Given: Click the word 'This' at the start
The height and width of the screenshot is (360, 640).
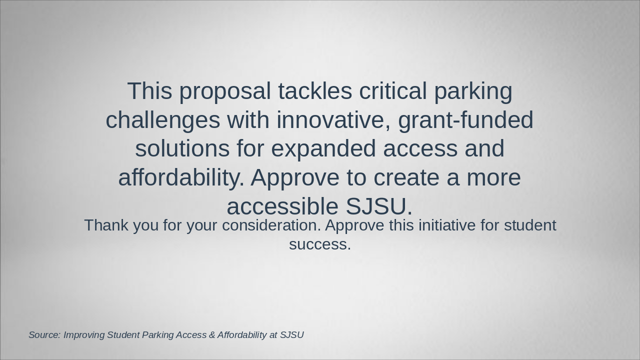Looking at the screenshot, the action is tap(149, 90).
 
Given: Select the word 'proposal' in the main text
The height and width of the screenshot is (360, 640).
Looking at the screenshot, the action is tap(225, 92).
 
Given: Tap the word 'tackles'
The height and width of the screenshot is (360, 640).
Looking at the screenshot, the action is tap(315, 90).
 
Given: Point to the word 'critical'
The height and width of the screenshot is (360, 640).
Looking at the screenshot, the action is tap(393, 90).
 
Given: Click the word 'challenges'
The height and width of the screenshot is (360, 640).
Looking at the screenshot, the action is tap(163, 121).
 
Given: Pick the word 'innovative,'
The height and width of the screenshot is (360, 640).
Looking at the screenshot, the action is tap(333, 119).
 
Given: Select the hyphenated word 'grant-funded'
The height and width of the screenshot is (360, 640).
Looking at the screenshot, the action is tap(465, 121).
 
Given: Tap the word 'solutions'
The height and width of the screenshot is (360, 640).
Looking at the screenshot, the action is tap(182, 148).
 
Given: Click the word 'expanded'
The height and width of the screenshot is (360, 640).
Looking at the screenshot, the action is tap(323, 149).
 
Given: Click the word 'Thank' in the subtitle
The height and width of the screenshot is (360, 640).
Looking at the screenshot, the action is tap(106, 225).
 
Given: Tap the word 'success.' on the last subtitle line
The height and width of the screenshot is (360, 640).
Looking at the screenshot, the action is tap(320, 244).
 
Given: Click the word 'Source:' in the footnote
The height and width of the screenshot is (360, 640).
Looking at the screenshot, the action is tap(45, 335).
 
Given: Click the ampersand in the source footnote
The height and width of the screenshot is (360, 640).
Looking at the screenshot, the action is tap(211, 335).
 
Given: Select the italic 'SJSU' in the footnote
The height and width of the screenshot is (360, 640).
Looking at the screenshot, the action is tap(291, 335).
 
